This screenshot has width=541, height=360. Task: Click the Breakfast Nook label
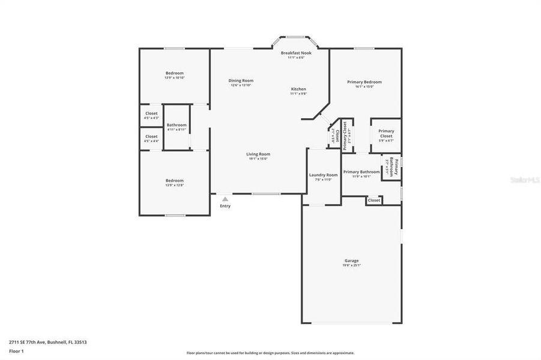(x=296, y=53)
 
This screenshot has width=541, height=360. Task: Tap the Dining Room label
(x=241, y=80)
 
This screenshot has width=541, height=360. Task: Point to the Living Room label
(x=258, y=154)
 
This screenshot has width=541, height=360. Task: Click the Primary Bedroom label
(x=364, y=82)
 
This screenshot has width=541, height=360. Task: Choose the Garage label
(x=351, y=260)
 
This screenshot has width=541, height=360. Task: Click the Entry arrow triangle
(x=225, y=199)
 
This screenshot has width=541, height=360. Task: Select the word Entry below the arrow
(x=225, y=206)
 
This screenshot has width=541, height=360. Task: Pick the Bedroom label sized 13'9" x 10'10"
(x=174, y=73)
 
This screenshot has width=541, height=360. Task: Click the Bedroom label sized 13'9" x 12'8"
(x=174, y=181)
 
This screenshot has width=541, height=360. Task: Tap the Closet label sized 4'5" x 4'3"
(x=151, y=113)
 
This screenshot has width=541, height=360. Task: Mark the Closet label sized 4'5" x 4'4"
(x=151, y=136)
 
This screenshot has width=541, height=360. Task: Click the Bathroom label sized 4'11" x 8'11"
(x=177, y=125)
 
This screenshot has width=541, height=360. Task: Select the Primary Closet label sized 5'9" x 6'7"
(x=385, y=133)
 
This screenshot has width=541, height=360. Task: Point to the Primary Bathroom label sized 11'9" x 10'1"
(x=361, y=172)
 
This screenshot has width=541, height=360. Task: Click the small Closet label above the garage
(x=373, y=200)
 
